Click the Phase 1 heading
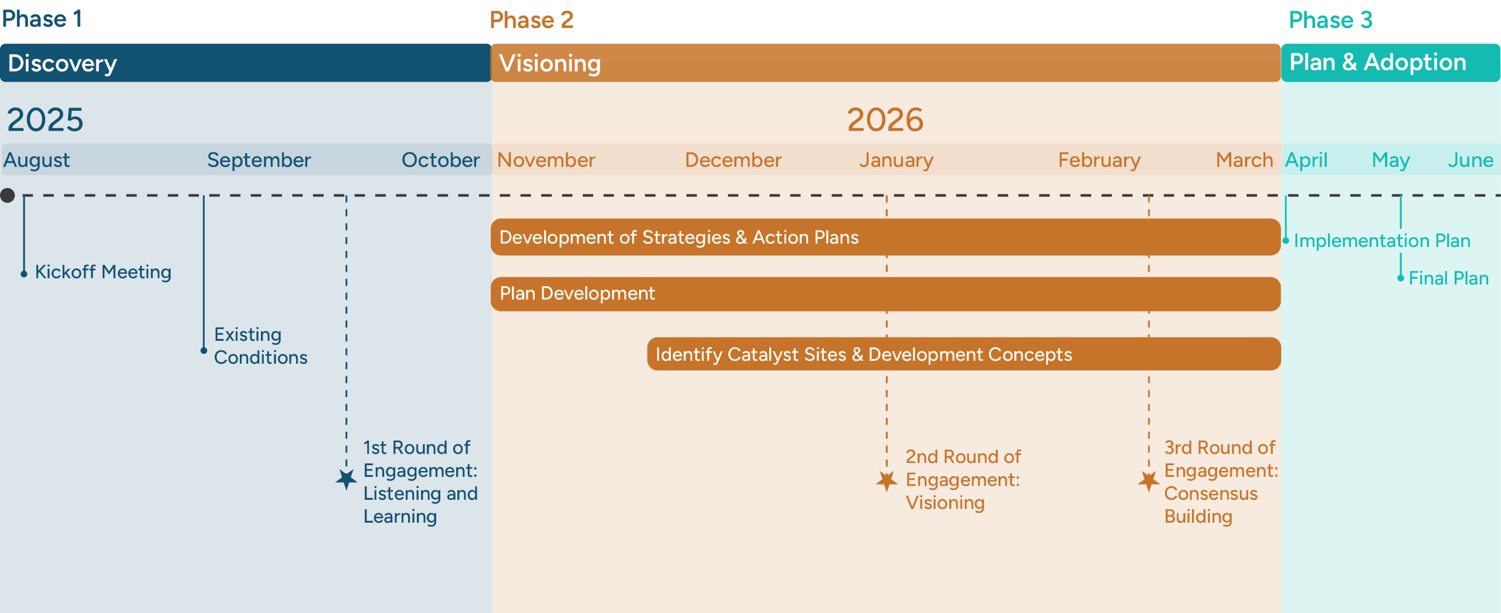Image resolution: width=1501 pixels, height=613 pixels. point(42,19)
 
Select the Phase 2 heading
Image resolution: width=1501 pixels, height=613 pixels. point(531,20)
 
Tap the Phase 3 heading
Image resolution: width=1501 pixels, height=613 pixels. point(1330,20)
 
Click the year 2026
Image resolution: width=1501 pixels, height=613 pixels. point(885,120)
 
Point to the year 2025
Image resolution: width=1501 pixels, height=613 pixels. point(45,120)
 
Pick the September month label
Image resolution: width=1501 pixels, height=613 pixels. point(259,160)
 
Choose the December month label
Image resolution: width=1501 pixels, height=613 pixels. point(733,160)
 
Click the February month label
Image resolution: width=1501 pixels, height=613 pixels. point(1099,160)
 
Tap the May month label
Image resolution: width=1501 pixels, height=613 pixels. point(1390,160)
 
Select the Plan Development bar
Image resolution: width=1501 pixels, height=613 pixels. point(885,294)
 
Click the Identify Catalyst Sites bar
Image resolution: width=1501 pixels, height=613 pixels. point(963,354)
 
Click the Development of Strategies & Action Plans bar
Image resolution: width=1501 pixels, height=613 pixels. point(885,237)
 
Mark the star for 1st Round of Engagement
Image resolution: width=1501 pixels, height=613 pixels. point(347,479)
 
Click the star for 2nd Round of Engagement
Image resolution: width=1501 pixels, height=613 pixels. point(887,481)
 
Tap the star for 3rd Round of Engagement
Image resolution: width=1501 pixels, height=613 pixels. point(1149,481)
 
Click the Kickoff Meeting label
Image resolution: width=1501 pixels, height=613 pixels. point(103,272)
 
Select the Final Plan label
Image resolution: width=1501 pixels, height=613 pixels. point(1448,278)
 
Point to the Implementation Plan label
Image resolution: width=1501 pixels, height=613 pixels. point(1381,241)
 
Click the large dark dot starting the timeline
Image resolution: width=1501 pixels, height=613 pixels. point(8,195)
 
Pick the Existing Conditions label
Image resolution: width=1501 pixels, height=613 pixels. point(260,346)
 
